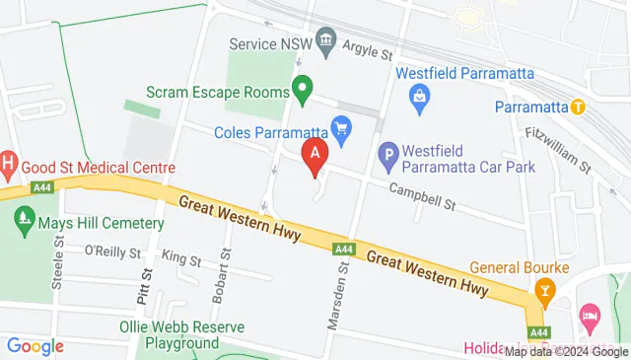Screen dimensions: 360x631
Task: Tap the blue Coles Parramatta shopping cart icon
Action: coord(342,126)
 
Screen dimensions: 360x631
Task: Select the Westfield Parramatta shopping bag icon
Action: coord(420,96)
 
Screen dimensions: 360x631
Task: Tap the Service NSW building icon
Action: coord(325,43)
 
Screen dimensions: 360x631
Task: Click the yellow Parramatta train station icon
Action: coord(579,106)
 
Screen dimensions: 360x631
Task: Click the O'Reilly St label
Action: coord(113,252)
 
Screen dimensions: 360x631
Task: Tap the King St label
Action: coord(180,259)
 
